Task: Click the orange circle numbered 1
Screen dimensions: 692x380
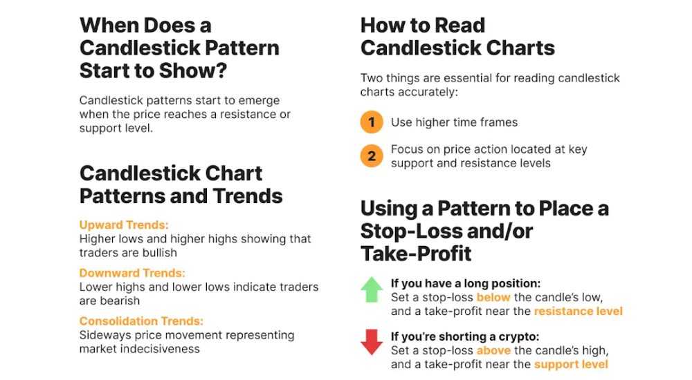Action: coord(372,122)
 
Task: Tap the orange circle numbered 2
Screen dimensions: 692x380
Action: coord(372,156)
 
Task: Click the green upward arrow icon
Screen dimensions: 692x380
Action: coord(372,289)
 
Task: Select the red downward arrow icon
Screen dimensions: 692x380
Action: coord(372,342)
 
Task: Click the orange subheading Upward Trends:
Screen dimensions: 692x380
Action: coord(124,225)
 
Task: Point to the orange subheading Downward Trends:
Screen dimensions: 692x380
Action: coord(132,273)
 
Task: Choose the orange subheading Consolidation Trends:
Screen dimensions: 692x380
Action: coord(142,321)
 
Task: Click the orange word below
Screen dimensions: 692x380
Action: coord(493,297)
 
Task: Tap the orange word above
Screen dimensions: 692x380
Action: coord(493,350)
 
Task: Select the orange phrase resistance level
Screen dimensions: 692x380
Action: coord(578,311)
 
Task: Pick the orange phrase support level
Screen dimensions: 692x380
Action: coord(571,365)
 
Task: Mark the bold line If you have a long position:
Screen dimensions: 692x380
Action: coord(466,283)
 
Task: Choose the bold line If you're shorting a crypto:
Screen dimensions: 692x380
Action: coord(465,336)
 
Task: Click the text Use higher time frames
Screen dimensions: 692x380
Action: coord(454,122)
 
